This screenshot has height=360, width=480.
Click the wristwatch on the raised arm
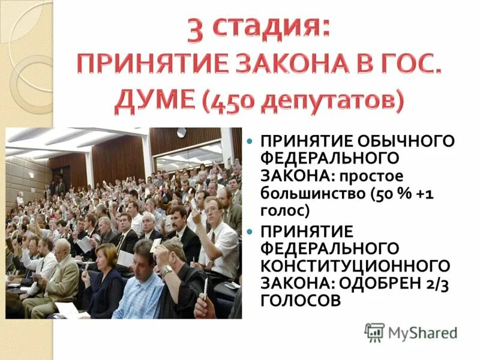point(166,271)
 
